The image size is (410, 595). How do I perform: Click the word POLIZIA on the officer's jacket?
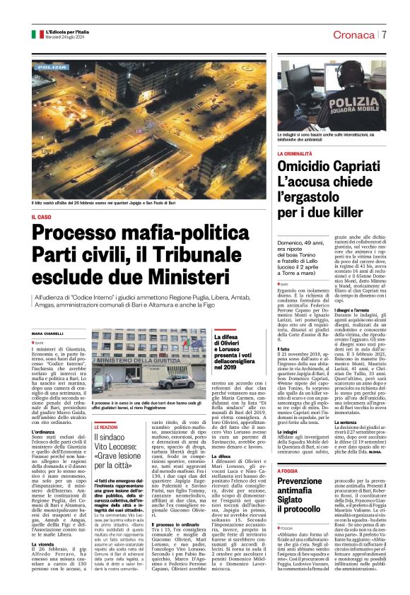point(358,102)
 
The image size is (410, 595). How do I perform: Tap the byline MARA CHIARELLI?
point(47,333)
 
